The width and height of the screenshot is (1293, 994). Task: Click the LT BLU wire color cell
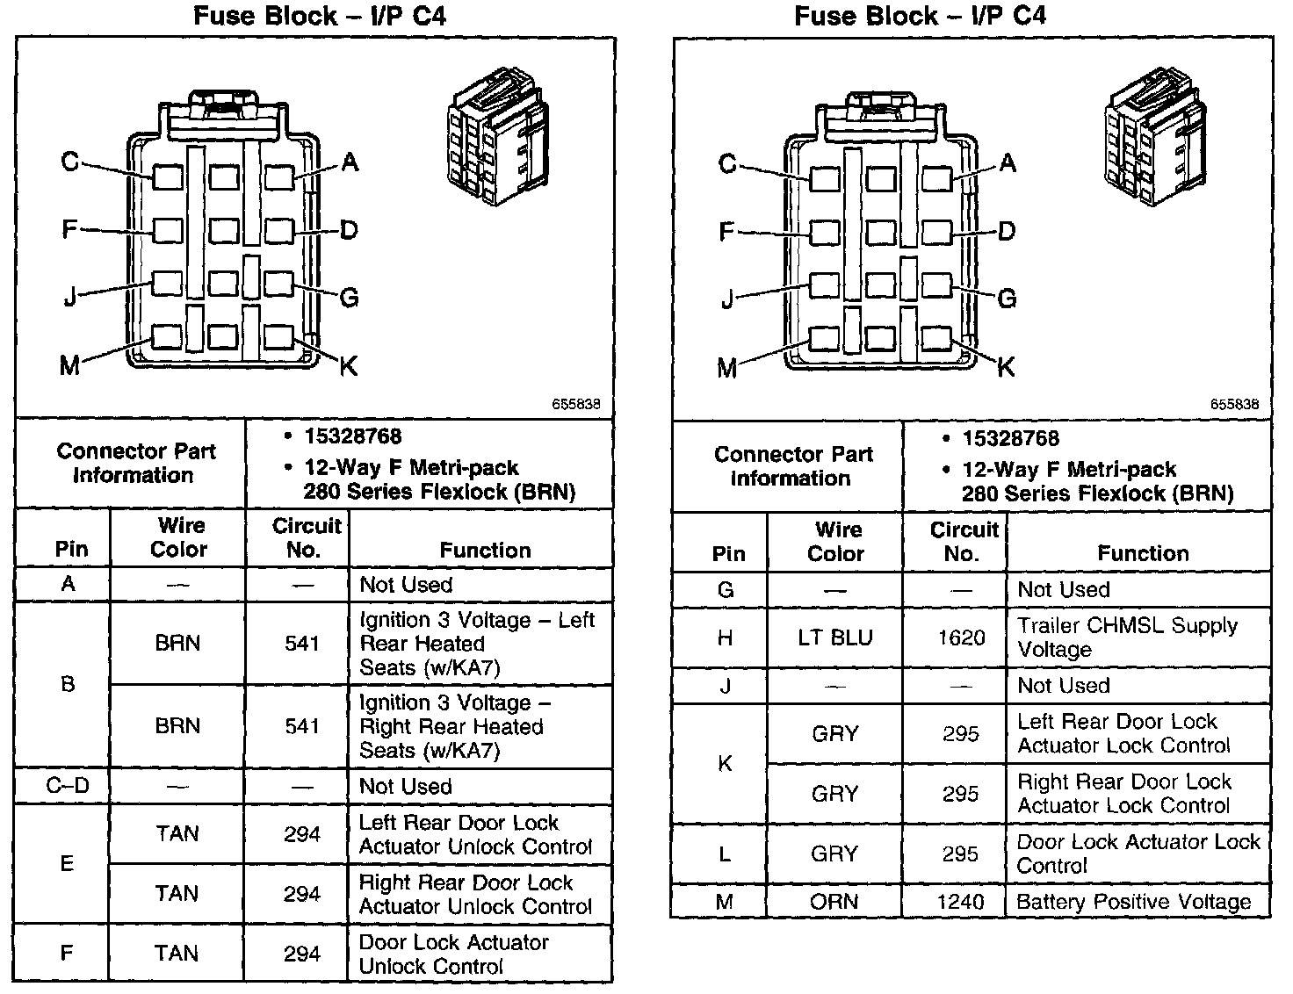834,637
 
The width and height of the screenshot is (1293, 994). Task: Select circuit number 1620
961,637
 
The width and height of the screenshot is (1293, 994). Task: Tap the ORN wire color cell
834,902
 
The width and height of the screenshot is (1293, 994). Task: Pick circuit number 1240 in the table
961,902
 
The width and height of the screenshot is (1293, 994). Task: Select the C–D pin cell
68,786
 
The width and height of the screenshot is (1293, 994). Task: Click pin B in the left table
68,685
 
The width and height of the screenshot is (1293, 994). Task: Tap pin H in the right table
725,637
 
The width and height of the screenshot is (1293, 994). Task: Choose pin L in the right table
725,854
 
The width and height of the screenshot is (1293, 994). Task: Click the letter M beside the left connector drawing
69,365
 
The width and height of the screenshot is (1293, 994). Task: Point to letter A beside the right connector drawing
1008,163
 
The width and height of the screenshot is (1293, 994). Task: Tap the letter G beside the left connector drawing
349,298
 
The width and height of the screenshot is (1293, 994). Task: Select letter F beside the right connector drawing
726,232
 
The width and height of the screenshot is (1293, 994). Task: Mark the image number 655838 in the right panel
1234,404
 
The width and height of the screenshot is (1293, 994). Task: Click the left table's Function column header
485,551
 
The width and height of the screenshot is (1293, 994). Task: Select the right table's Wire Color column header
836,542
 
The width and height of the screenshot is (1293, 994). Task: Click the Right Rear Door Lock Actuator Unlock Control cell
475,894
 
